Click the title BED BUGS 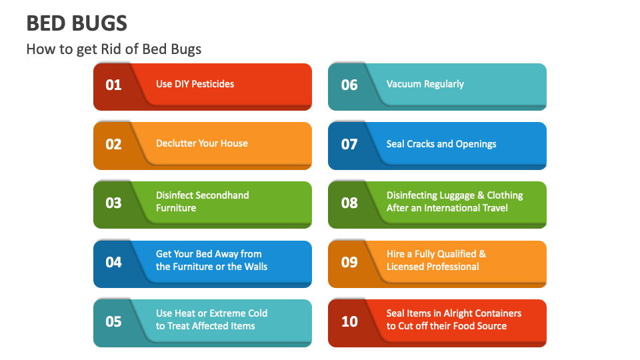77,23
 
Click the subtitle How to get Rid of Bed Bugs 113,49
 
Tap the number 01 114,85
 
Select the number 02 114,144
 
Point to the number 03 114,203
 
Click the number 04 114,262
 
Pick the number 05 114,321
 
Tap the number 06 349,85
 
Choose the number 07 349,144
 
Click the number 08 349,203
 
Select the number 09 349,262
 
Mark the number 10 349,321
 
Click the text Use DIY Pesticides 195,84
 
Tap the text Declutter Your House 201,143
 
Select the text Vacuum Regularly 425,84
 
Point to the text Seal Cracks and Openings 441,144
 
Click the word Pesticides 214,84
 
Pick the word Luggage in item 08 457,195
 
